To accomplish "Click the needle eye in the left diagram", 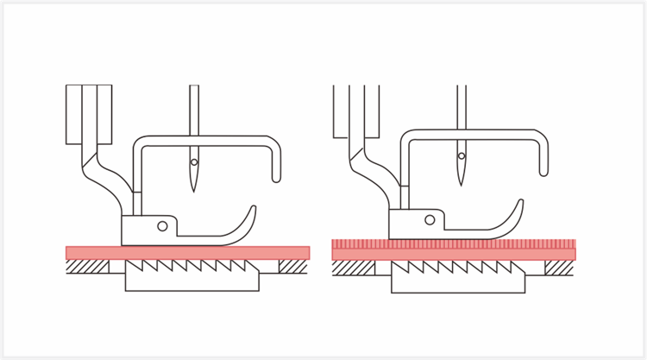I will [x=194, y=162].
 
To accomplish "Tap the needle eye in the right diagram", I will [x=462, y=156].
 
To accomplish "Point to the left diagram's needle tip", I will [x=194, y=190].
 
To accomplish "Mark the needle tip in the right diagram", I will [x=462, y=184].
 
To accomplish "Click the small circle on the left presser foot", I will [x=162, y=226].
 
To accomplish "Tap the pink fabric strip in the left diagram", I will [x=187, y=252].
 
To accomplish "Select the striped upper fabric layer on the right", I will [x=454, y=243].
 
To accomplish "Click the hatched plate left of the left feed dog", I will [x=87, y=267].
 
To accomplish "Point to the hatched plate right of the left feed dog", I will [x=293, y=267].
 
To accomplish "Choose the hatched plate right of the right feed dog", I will [x=560, y=268].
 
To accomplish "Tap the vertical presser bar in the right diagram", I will [x=355, y=112].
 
